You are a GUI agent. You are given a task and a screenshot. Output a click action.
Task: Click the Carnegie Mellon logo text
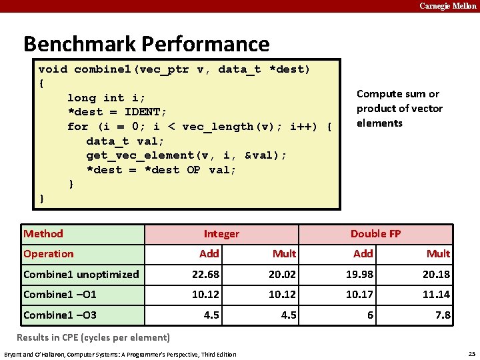click(447, 6)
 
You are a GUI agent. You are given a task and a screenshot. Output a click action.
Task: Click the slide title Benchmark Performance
click(146, 44)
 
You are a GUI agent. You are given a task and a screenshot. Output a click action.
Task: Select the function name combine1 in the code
click(99, 69)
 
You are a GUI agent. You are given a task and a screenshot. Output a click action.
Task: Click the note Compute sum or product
click(399, 109)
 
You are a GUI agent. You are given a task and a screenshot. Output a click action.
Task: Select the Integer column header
click(221, 234)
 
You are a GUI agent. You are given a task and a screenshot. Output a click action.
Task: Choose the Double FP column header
click(375, 234)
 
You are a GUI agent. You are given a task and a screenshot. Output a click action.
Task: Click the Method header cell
click(43, 233)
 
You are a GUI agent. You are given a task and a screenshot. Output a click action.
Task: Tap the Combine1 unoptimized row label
click(81, 275)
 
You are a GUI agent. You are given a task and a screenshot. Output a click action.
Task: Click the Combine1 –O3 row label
click(60, 315)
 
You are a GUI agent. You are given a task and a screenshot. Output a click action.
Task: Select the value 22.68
click(206, 275)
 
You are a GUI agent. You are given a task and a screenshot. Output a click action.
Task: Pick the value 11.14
click(436, 295)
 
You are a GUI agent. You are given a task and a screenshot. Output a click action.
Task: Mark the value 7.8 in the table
click(442, 315)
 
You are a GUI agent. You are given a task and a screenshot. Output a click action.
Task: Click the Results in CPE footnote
click(93, 337)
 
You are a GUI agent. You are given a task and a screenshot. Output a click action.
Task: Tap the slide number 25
click(471, 353)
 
